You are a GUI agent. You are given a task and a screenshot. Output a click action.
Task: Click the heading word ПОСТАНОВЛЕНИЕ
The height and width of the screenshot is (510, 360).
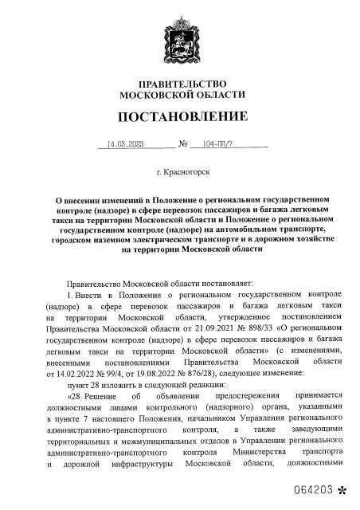point(182,118)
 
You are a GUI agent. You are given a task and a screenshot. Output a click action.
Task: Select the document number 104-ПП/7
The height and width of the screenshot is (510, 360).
point(218,146)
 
